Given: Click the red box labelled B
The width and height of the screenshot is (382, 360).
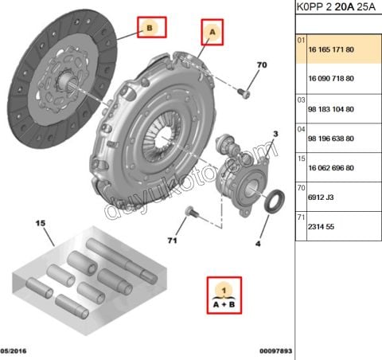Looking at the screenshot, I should [150, 29].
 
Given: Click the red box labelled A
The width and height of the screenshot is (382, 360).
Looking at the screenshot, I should [212, 31].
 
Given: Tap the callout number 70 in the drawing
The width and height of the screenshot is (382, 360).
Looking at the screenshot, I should [262, 64].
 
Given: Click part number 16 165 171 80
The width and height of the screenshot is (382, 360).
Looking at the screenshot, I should [331, 50].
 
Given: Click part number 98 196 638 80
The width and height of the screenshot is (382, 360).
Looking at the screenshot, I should [331, 139].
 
